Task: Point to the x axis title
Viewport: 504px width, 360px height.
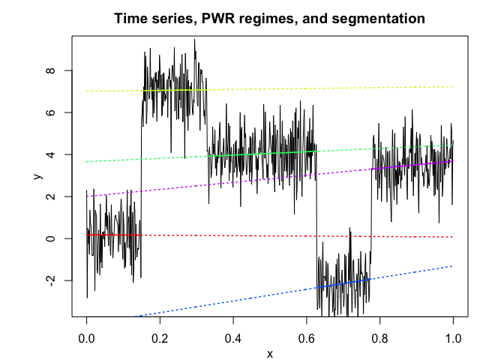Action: tap(270, 354)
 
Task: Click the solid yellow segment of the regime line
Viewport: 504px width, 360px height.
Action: tap(174, 90)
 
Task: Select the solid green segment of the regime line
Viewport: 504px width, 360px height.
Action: tap(262, 154)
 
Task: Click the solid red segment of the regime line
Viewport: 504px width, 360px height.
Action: tap(112, 235)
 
